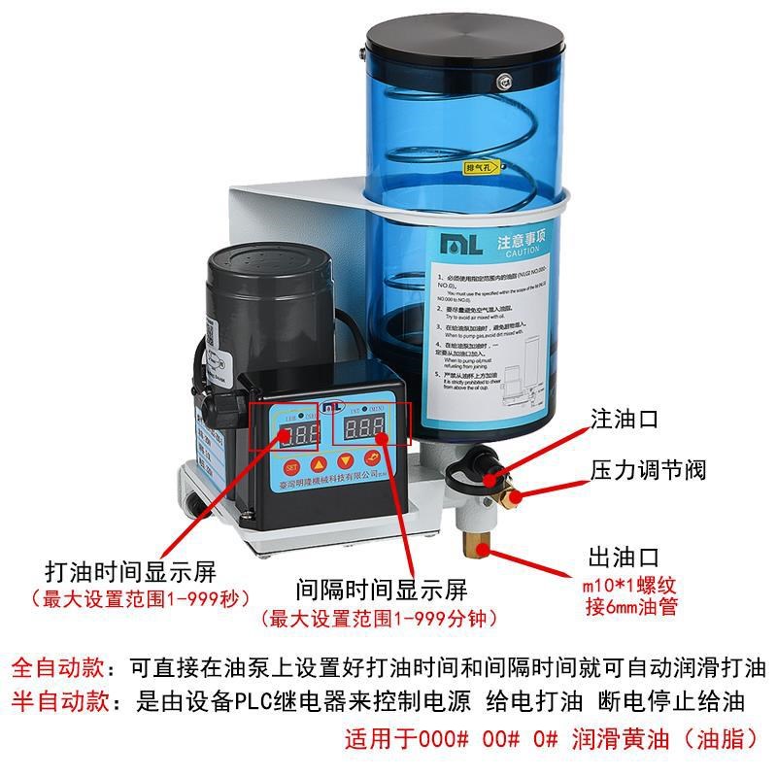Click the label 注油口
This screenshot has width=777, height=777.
625,420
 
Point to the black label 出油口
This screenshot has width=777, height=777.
625,557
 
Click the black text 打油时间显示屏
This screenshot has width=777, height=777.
130,570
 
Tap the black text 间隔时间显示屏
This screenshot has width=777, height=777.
383,591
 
